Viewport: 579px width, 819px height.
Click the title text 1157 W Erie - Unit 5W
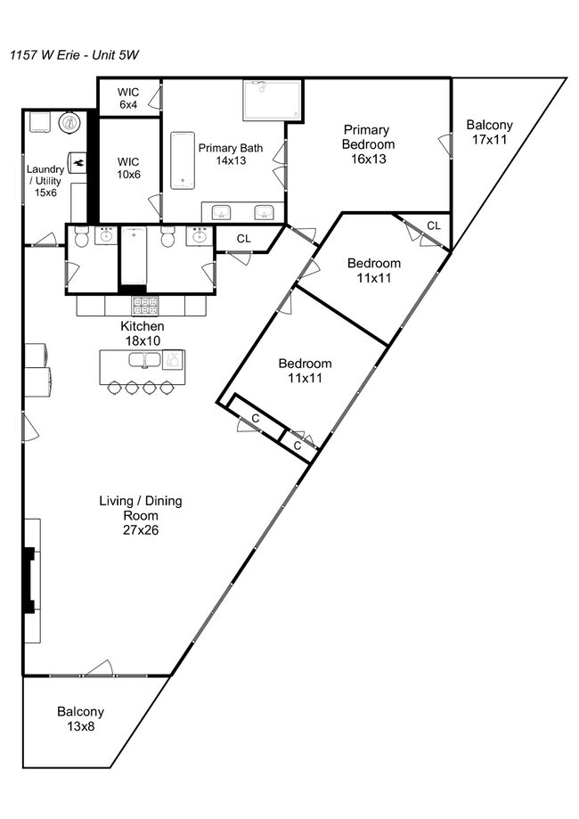point(74,55)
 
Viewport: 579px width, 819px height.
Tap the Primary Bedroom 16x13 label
point(368,144)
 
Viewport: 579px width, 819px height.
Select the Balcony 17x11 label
point(489,132)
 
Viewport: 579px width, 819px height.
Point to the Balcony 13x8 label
point(80,718)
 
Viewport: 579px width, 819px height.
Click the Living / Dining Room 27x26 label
point(141,515)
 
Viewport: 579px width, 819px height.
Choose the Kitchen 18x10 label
point(142,333)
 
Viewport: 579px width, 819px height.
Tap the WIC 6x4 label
point(128,98)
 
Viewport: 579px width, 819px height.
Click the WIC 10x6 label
point(128,168)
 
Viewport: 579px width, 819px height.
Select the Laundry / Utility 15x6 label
point(45,181)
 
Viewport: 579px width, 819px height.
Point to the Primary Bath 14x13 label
point(231,154)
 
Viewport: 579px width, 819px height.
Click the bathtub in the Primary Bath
point(183,160)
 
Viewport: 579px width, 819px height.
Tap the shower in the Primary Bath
point(272,101)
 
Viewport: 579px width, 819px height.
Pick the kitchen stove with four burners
point(144,306)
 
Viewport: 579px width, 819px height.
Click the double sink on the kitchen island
point(146,360)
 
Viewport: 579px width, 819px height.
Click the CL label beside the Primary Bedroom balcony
point(434,225)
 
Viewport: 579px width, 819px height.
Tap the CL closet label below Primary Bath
point(244,239)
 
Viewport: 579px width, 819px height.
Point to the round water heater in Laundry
point(69,123)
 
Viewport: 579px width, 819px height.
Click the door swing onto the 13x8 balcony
point(100,668)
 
